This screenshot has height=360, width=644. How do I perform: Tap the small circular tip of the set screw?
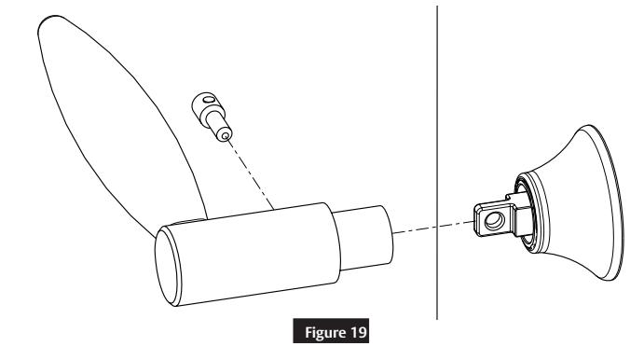(x=225, y=133)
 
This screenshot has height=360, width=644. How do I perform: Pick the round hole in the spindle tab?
(x=492, y=219)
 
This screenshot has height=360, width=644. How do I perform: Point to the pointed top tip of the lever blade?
(x=48, y=20)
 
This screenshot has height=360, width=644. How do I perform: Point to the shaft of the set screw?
(x=217, y=121)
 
